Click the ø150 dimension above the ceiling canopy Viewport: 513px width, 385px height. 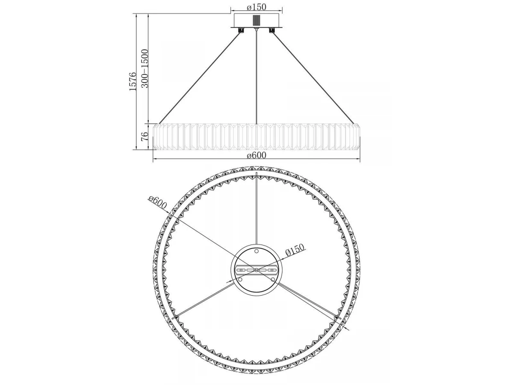pos(256,7)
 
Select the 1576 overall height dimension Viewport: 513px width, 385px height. pos(133,82)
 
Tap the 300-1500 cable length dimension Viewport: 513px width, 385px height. pos(145,68)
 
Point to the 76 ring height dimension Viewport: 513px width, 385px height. pos(145,136)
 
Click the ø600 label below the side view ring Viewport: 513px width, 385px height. pos(256,155)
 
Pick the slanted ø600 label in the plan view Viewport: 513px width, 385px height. pos(157,202)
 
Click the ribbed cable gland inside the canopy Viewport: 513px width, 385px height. pos(256,21)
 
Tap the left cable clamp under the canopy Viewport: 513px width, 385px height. pos(241,30)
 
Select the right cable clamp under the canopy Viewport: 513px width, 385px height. pos(272,30)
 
